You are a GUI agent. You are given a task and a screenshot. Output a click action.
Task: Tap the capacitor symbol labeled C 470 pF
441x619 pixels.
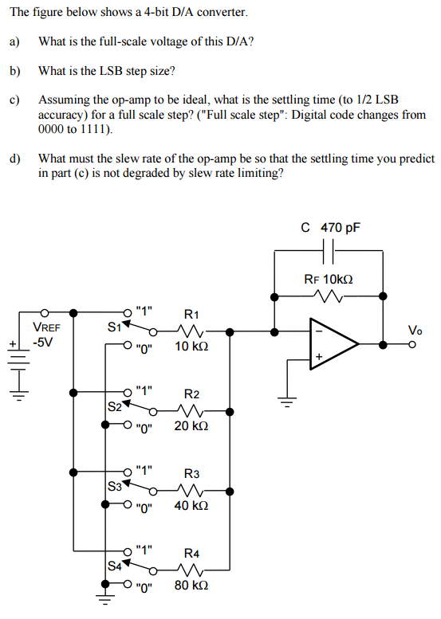tap(329, 253)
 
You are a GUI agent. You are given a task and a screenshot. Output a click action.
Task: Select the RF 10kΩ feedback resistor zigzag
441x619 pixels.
tap(329, 296)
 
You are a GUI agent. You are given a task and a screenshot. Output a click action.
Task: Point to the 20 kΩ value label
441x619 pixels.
tap(191, 427)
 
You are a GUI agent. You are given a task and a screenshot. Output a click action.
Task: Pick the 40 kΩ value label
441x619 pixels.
tap(191, 505)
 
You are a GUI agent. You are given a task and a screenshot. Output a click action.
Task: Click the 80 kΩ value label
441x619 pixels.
tap(191, 585)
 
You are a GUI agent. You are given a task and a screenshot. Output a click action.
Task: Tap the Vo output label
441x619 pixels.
tap(415, 330)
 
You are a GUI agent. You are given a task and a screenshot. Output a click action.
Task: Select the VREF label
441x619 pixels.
tap(46, 327)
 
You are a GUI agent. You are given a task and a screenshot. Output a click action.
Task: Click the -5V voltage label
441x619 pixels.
tap(43, 342)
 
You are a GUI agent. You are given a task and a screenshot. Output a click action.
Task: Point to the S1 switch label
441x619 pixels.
tap(114, 325)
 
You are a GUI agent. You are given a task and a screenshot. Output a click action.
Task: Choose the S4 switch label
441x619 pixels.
tap(115, 566)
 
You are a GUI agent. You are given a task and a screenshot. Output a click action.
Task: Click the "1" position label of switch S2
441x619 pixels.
tap(144, 390)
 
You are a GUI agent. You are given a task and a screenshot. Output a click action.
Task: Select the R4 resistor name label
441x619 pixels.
tap(192, 552)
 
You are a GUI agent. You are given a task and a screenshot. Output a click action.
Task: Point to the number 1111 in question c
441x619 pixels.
tap(99, 128)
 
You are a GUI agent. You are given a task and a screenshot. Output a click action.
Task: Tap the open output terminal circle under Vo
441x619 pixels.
tap(412, 344)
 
